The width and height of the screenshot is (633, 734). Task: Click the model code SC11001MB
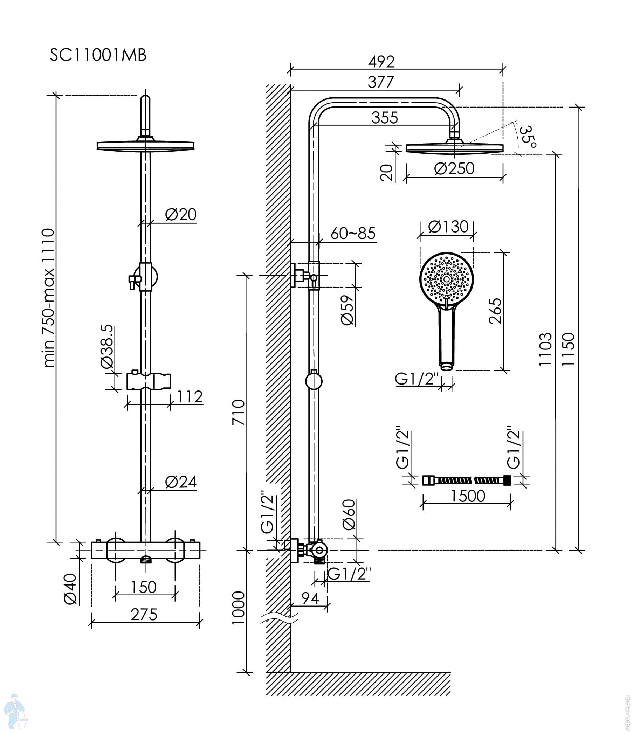click(x=98, y=55)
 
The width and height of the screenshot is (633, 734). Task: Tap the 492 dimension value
click(x=381, y=62)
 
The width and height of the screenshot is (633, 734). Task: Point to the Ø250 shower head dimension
click(x=454, y=168)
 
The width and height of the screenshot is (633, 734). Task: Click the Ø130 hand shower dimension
click(x=448, y=227)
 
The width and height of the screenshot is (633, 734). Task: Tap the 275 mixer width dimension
click(x=144, y=615)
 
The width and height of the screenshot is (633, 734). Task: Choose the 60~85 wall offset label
click(x=353, y=234)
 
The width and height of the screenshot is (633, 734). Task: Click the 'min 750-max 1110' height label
click(x=49, y=298)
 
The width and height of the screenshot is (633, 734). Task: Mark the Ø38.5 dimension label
click(x=107, y=347)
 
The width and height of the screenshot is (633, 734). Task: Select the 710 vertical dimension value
click(x=239, y=412)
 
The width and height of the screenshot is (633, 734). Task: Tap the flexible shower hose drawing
click(x=467, y=480)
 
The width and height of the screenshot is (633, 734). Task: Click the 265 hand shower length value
click(x=495, y=311)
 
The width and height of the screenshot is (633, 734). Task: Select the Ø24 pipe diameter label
click(x=180, y=482)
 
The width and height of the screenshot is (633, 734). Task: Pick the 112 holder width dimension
click(x=190, y=396)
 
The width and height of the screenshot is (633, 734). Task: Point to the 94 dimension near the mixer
click(x=310, y=598)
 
